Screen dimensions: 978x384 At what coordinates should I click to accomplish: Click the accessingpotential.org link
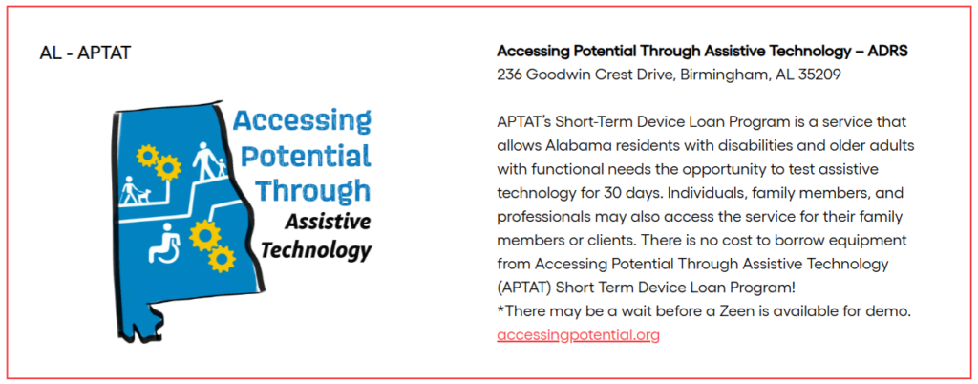coord(578,335)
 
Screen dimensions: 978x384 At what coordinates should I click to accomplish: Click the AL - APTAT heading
coord(85,53)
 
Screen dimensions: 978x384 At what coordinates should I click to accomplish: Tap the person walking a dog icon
coord(136,191)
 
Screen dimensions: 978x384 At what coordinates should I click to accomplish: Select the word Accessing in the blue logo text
coord(303,121)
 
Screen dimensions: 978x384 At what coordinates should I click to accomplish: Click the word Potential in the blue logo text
coord(307,155)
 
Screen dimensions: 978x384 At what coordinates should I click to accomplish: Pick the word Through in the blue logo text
coord(313,190)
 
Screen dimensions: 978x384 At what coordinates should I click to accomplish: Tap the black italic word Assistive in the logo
coord(329,222)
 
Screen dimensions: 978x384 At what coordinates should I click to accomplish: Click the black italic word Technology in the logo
coord(316,250)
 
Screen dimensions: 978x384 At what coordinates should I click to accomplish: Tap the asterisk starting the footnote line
coord(500,309)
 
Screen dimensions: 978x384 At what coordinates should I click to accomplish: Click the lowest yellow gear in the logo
coord(222,259)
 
